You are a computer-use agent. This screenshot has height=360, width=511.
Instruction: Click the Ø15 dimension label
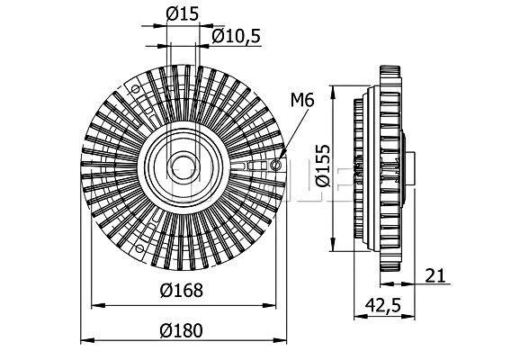[x=182, y=14]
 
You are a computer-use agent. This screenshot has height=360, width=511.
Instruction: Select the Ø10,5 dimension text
[x=237, y=36]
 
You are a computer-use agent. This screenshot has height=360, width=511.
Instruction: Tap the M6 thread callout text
[x=302, y=100]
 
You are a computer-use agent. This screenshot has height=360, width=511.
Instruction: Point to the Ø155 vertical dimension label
[x=323, y=166]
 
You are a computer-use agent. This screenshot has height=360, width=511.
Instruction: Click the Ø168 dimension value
[x=181, y=290]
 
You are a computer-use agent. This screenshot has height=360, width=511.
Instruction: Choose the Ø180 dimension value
[x=181, y=330]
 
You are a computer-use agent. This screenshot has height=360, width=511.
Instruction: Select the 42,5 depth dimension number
[x=382, y=305]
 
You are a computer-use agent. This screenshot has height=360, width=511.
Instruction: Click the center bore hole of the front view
[x=184, y=167]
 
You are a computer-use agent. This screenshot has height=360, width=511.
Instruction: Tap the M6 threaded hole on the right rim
[x=276, y=166]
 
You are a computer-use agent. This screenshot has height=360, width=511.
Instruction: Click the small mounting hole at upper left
[x=135, y=89]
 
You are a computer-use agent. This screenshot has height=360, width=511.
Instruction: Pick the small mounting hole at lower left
[x=139, y=249]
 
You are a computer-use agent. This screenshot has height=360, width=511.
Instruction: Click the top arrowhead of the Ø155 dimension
[x=333, y=93]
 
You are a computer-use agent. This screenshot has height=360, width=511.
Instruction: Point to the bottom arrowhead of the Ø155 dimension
[x=333, y=245]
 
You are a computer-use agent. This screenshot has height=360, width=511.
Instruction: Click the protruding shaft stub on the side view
[x=410, y=169]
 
